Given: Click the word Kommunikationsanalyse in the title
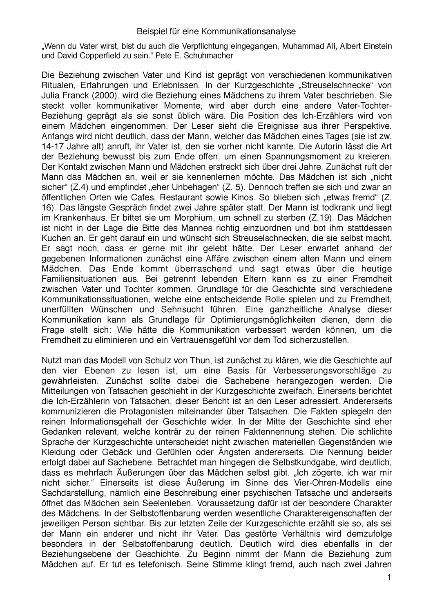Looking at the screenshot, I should click(x=254, y=31).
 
